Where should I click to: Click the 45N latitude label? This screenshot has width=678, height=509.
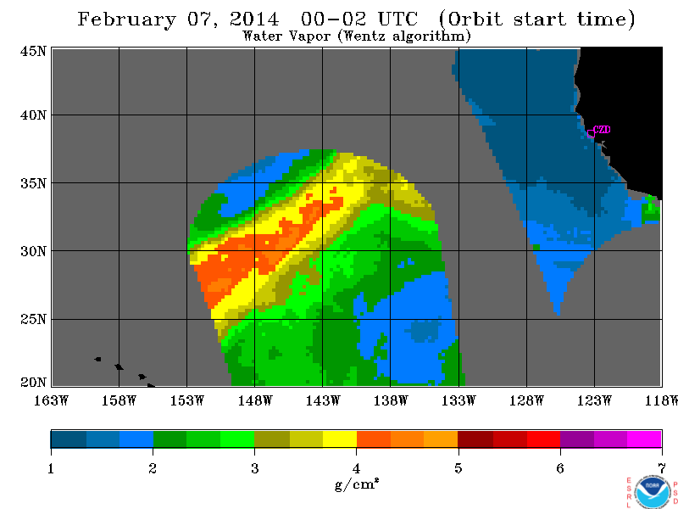tap(33, 52)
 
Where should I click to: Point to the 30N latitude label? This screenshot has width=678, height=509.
tap(33, 251)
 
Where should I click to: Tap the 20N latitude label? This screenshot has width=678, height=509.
tap(33, 383)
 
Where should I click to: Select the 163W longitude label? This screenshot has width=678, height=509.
tap(52, 400)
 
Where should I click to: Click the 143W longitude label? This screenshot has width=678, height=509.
tap(323, 400)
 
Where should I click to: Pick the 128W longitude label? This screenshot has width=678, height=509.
tap(526, 400)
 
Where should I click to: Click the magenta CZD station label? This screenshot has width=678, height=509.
tap(602, 130)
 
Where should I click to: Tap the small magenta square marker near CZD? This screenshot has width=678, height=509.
tap(591, 134)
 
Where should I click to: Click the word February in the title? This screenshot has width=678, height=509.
tap(127, 20)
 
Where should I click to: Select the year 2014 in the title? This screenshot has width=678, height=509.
tap(255, 19)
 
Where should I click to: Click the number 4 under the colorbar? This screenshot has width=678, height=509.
tap(356, 468)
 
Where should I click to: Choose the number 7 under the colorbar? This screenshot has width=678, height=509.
tap(662, 468)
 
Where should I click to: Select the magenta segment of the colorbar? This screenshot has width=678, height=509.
tap(644, 439)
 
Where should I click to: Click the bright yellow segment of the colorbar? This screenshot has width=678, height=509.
tap(340, 439)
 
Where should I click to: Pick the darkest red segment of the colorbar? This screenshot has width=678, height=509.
tap(475, 439)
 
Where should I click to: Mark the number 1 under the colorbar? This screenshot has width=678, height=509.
tap(51, 468)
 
